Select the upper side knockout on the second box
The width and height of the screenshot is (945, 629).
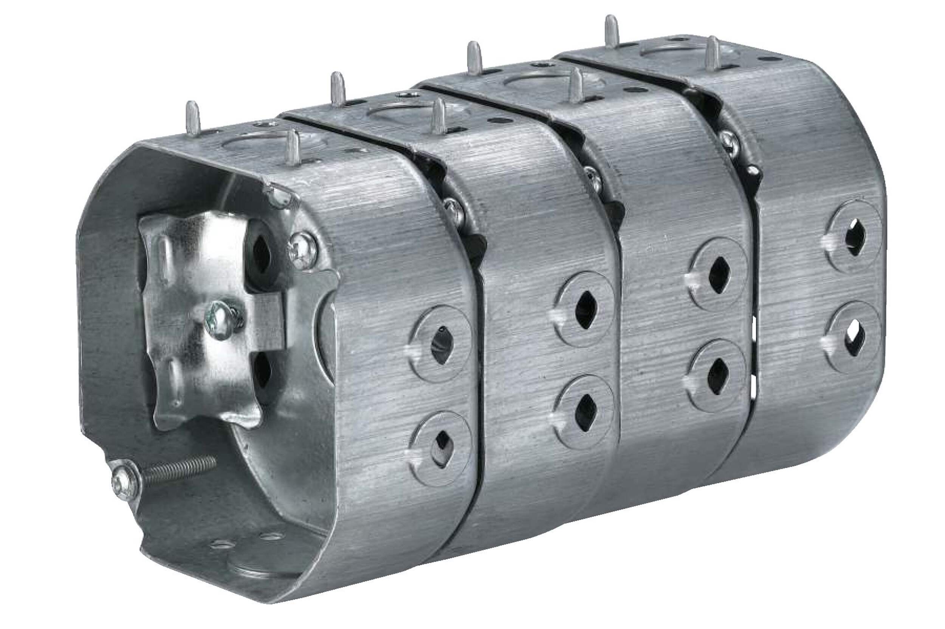click(x=586, y=309)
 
